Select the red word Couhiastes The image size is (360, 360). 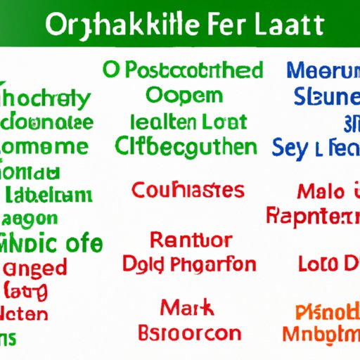(x=188, y=190)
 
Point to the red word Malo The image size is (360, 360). (x=320, y=190)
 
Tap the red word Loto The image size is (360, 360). (x=318, y=266)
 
